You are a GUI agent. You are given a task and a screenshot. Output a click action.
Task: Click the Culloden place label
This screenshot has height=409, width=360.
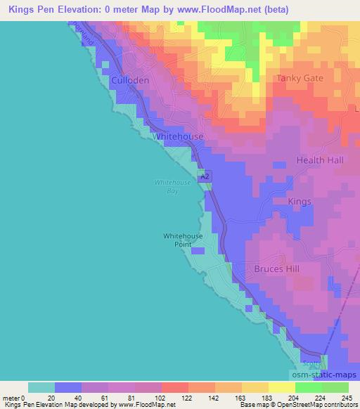point(130,81)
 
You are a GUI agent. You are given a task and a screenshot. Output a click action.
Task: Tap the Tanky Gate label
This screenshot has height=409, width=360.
point(300,78)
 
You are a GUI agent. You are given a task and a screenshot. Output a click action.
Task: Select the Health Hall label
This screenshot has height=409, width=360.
point(320,160)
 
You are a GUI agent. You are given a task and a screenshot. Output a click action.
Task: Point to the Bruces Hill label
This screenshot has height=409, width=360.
point(277,269)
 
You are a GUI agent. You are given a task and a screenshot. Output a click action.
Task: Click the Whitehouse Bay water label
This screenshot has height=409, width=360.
point(168,186)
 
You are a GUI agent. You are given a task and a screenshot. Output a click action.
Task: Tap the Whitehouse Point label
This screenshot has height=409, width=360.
point(183,240)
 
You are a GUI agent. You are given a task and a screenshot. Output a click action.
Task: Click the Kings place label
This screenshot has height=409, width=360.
point(300,202)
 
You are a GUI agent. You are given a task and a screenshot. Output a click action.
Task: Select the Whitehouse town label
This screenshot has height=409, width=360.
point(178,136)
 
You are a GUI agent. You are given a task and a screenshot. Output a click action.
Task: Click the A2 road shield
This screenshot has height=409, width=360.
point(204,178)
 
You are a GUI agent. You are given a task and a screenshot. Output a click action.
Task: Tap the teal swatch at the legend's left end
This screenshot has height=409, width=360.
point(41,387)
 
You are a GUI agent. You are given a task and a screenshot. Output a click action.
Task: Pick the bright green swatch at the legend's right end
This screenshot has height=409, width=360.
point(335,387)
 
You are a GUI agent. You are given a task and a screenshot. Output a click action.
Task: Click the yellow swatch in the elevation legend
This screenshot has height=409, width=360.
point(281,387)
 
